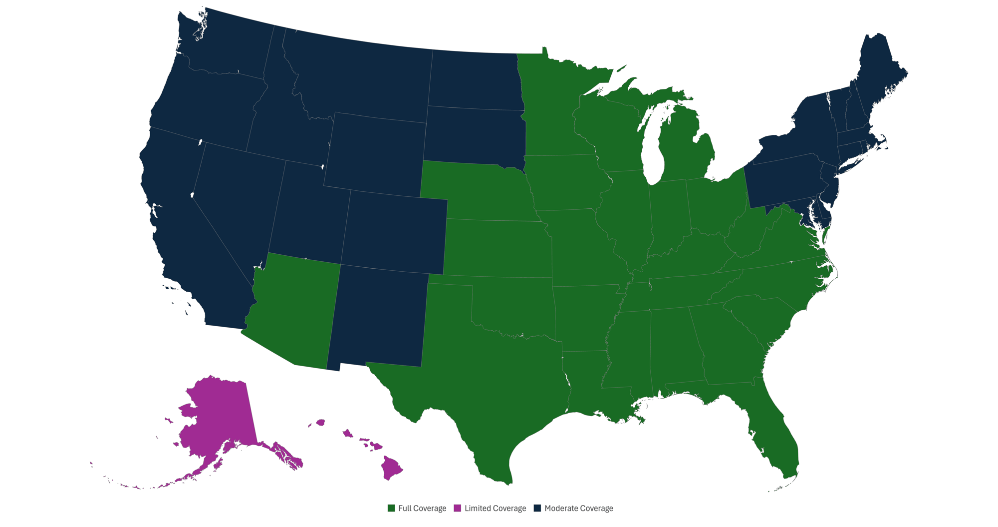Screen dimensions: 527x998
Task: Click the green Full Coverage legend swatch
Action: pos(391,508)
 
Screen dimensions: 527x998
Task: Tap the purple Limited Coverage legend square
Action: pos(457,508)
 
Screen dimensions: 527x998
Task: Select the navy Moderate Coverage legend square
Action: pos(537,508)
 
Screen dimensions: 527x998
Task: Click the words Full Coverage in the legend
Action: pos(422,509)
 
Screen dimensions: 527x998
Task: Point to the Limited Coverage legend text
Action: pos(495,509)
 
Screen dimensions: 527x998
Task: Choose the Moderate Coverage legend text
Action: pos(579,509)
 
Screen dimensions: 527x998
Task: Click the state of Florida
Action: pos(778,440)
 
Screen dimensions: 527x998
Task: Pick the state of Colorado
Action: pos(394,230)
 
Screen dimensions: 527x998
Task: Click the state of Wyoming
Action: pos(377,152)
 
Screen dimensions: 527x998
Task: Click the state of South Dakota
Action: pos(474,135)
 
